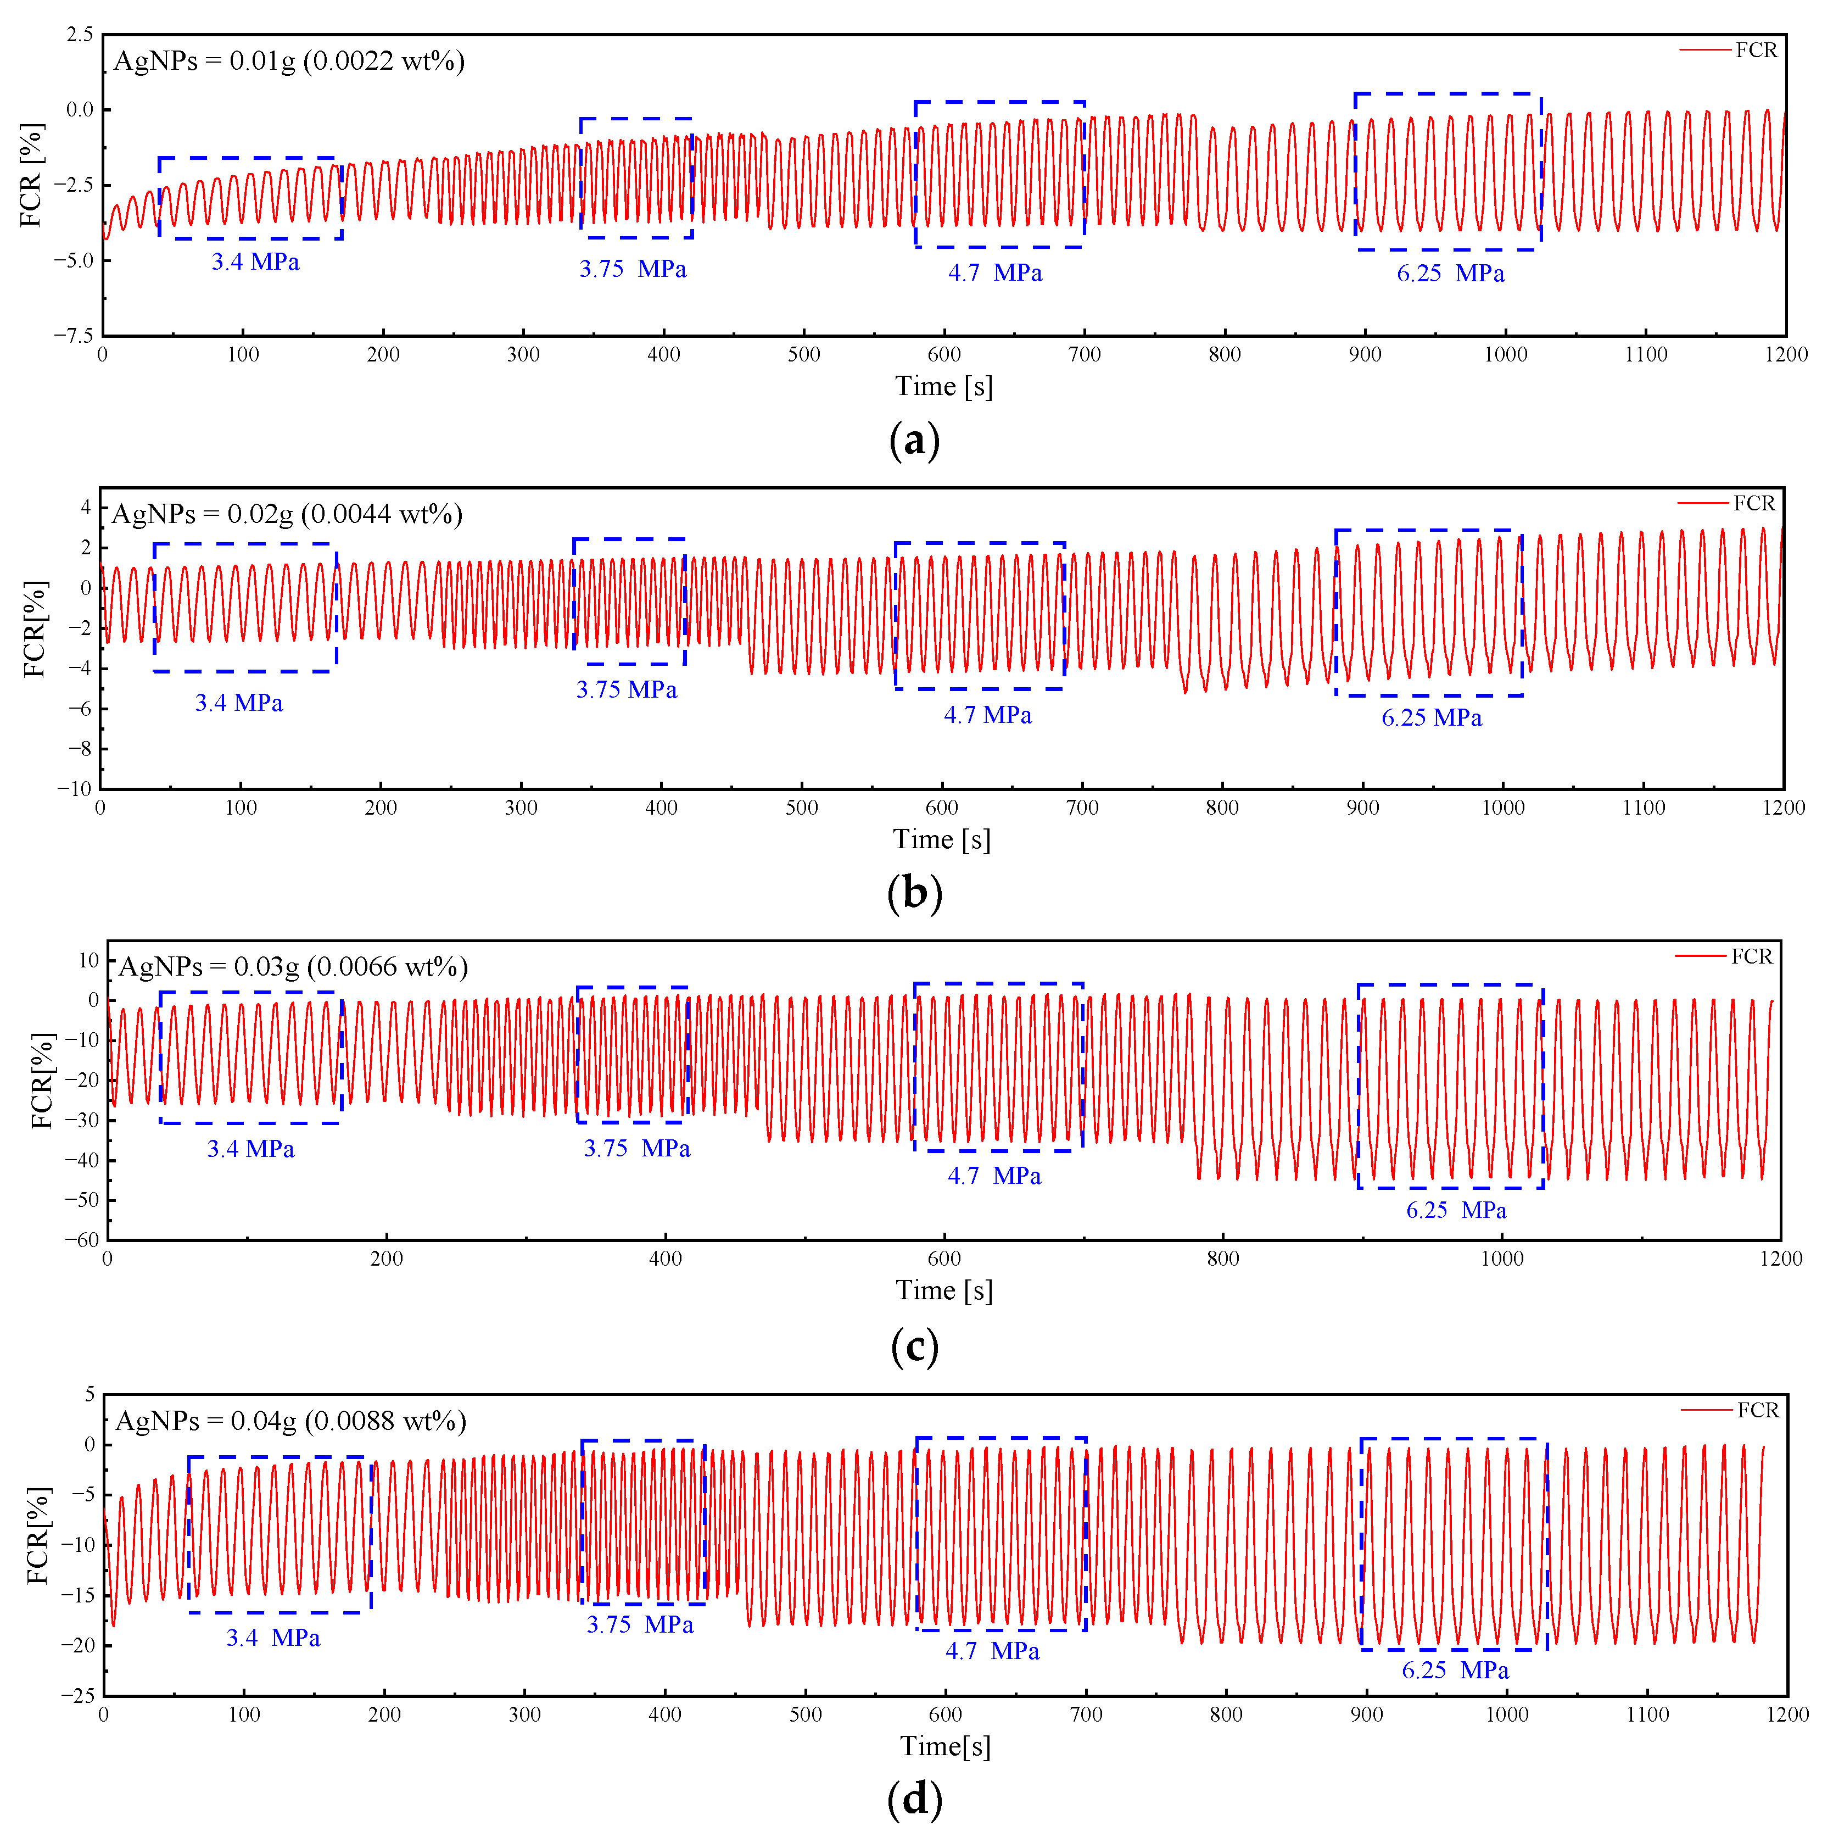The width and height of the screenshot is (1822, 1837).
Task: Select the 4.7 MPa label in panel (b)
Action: (987, 715)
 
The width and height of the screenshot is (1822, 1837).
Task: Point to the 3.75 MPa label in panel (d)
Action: (640, 1625)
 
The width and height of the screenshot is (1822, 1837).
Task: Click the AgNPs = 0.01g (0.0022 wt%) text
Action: (289, 62)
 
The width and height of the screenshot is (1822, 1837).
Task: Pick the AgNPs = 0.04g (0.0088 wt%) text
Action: (291, 1422)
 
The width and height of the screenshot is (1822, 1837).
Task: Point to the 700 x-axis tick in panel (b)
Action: (1082, 808)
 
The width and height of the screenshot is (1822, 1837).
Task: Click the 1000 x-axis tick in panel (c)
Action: (1502, 1259)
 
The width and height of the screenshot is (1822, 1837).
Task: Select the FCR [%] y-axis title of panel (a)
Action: (31, 175)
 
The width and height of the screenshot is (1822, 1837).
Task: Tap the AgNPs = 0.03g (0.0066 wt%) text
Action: (293, 967)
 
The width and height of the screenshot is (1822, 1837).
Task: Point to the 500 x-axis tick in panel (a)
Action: (804, 355)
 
